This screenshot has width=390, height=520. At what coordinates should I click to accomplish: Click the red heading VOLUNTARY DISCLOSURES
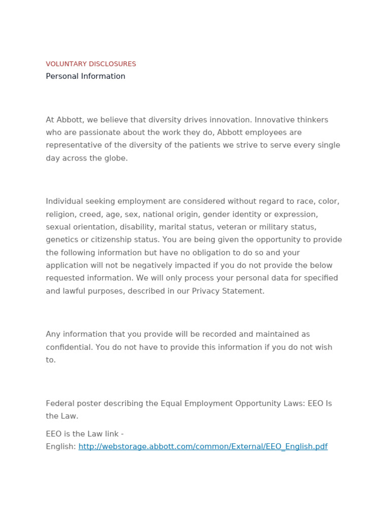coord(91,64)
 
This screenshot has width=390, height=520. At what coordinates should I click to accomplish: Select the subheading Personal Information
coord(85,76)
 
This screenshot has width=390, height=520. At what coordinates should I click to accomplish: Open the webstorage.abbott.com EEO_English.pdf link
coord(203,447)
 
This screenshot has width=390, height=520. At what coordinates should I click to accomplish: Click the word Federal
coord(58,404)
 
